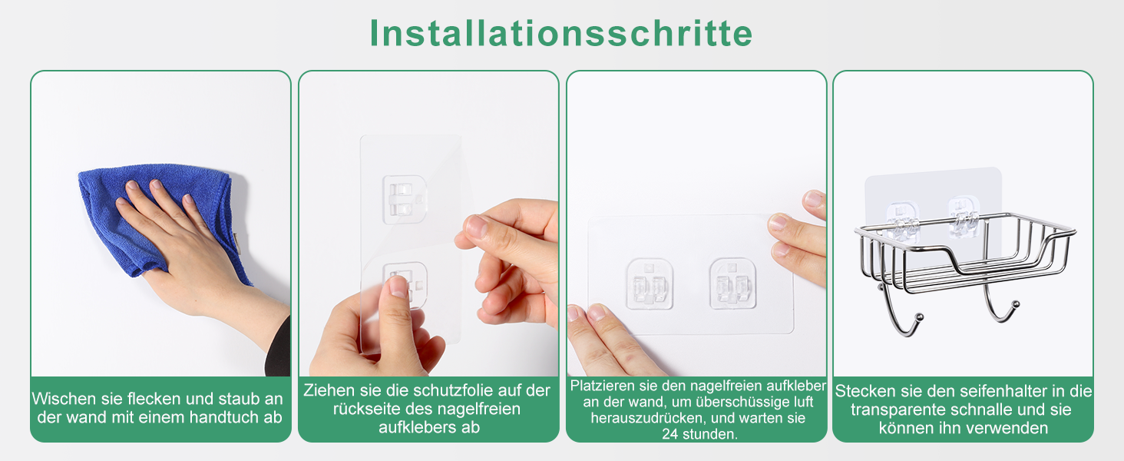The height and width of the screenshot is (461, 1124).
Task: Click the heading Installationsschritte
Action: point(561,33)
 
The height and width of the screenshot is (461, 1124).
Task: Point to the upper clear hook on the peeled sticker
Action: point(404,199)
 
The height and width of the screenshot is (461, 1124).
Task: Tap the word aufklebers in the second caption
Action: point(411,427)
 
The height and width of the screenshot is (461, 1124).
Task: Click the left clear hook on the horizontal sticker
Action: point(650,284)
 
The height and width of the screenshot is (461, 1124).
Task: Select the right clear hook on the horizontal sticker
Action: point(732,284)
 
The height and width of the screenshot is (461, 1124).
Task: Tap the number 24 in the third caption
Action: point(670,434)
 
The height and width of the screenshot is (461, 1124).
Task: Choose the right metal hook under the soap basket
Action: point(1002,300)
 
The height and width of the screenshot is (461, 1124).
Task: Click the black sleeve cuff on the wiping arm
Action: point(278,349)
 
